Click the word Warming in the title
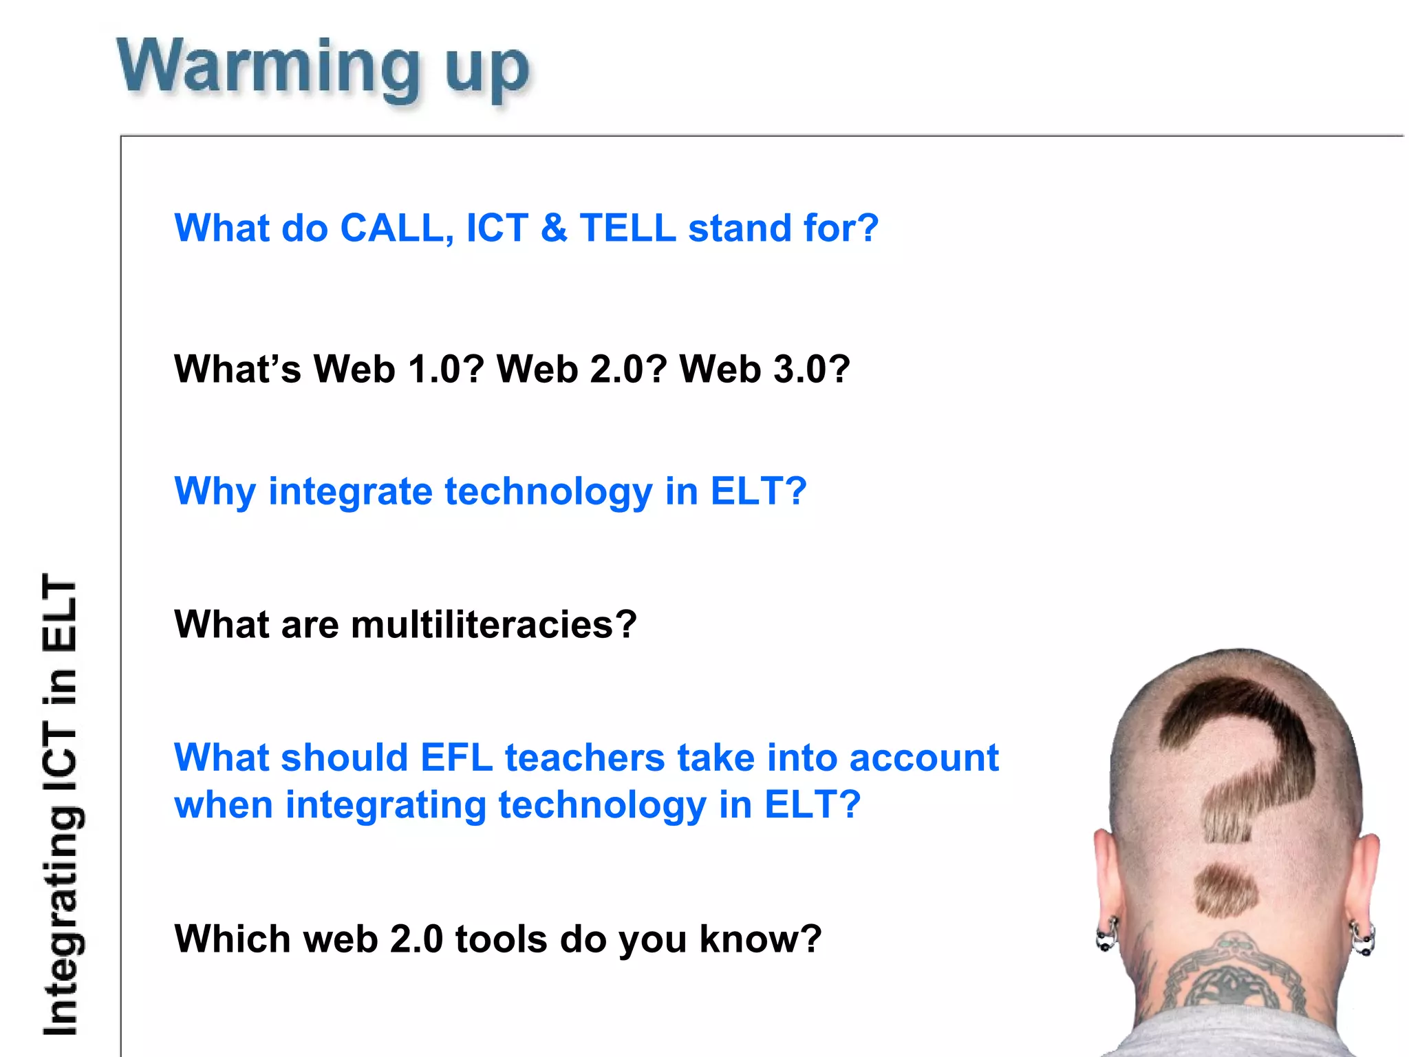pyautogui.click(x=268, y=67)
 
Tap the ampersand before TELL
pyautogui.click(x=554, y=228)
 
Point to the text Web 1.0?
pyautogui.click(x=399, y=369)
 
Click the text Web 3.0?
pyautogui.click(x=764, y=369)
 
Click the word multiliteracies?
pyautogui.click(x=493, y=624)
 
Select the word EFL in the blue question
pyautogui.click(x=456, y=758)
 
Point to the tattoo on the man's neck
pyautogui.click(x=1231, y=977)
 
